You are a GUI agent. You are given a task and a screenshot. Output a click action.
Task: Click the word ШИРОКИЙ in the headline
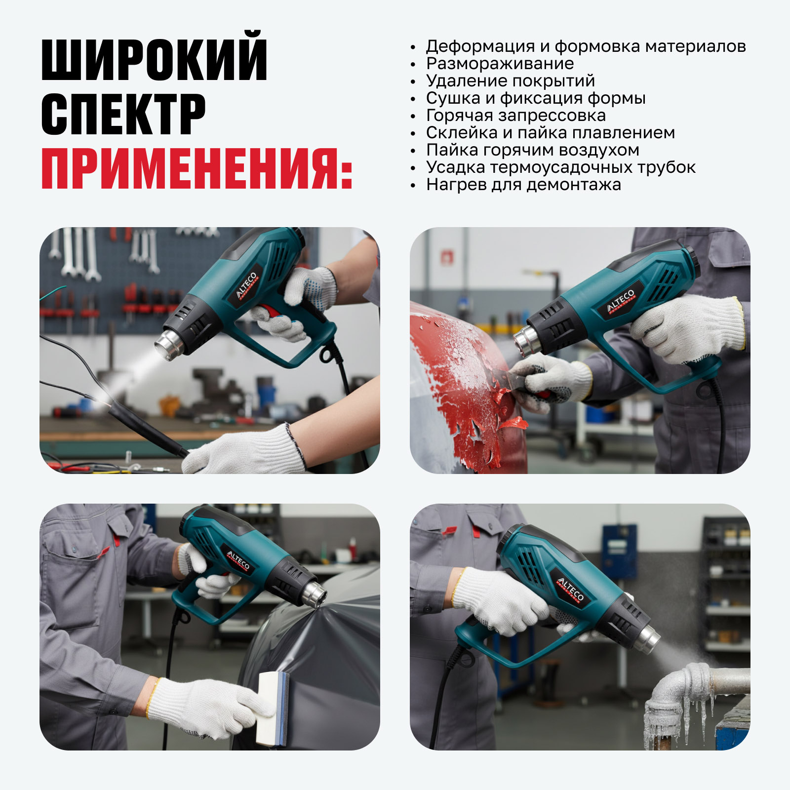[x=155, y=57]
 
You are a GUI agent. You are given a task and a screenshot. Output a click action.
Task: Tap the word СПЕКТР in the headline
[x=123, y=114]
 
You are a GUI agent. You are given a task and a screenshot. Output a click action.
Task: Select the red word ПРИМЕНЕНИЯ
[x=197, y=168]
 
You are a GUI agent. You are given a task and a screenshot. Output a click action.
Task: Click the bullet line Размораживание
[x=500, y=64]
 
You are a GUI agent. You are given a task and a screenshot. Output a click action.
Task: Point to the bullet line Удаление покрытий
[x=511, y=81]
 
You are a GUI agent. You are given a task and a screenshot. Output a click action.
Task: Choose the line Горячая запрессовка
[x=516, y=116]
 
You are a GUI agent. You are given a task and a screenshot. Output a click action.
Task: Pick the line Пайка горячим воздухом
[x=533, y=150]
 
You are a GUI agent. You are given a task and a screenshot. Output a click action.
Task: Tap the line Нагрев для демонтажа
[x=523, y=185]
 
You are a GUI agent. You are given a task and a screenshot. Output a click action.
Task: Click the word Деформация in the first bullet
[x=480, y=46]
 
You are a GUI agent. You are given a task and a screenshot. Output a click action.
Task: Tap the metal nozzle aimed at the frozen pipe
[x=647, y=638]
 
